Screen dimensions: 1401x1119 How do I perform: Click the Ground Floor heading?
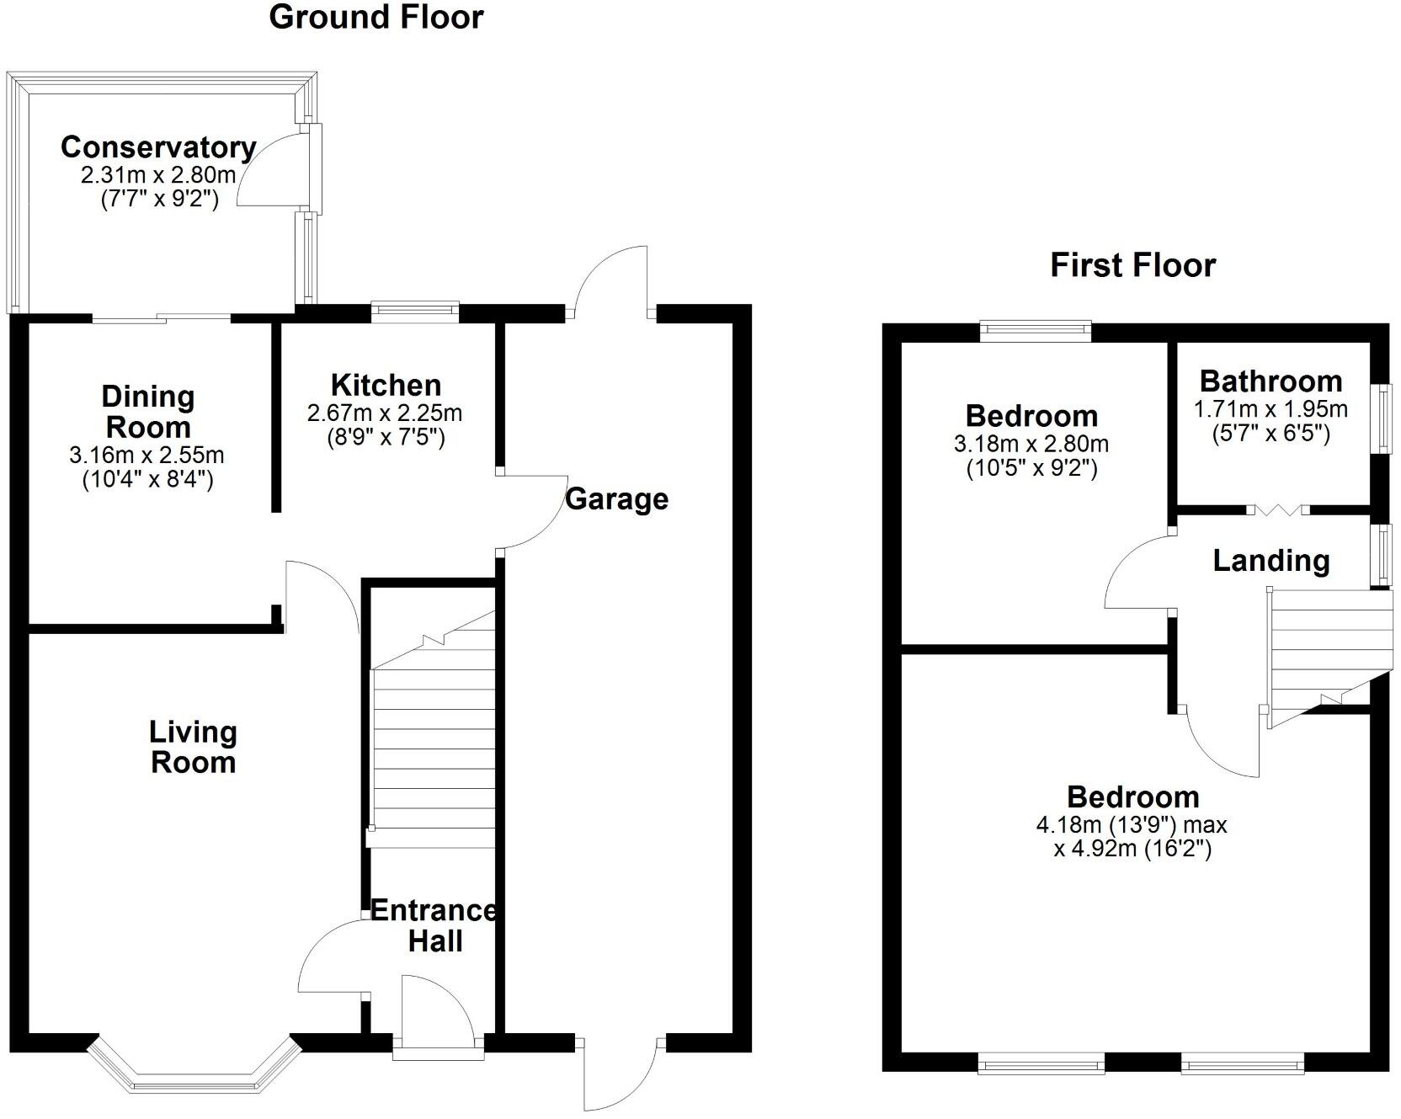[x=376, y=17]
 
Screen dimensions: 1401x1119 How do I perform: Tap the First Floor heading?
[x=1132, y=265]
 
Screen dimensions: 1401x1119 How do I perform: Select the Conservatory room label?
[x=158, y=147]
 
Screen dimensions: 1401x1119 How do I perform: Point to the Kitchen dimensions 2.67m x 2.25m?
[x=385, y=413]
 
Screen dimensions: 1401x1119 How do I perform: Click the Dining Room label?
[x=148, y=411]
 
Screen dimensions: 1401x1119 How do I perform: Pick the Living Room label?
[x=193, y=747]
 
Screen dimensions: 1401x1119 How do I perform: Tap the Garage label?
[x=616, y=498]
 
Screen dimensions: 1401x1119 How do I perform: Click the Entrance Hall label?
[x=434, y=925]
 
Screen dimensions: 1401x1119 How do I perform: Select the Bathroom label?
[x=1270, y=381]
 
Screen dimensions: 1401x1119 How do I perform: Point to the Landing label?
[x=1270, y=560]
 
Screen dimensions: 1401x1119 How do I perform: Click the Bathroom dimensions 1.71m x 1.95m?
[x=1270, y=409]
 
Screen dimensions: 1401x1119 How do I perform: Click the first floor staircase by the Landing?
[x=1322, y=648]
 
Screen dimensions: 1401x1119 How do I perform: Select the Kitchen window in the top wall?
[x=416, y=312]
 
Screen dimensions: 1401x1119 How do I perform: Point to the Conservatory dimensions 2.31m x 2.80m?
[x=158, y=176]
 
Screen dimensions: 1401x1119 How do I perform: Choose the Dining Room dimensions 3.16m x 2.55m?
[x=146, y=456]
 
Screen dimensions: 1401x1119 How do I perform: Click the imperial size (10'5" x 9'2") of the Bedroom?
[x=1031, y=468]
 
